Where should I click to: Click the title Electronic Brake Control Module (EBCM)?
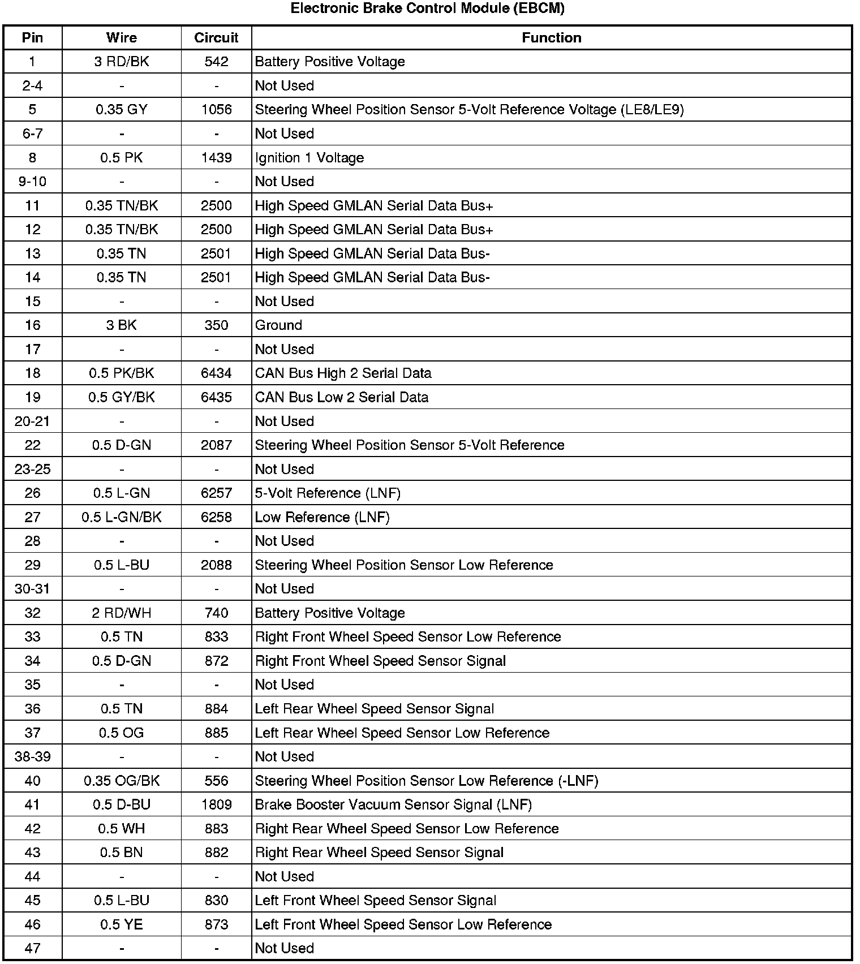(x=427, y=8)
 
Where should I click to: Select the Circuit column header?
(x=216, y=38)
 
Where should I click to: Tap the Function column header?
(x=551, y=38)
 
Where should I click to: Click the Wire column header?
(x=122, y=38)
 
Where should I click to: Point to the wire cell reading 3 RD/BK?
(x=122, y=62)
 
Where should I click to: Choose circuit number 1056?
(x=216, y=110)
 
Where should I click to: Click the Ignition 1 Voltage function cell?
(x=309, y=158)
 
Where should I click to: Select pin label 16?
(x=33, y=325)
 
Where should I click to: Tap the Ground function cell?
(x=278, y=325)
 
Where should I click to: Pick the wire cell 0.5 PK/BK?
(x=122, y=373)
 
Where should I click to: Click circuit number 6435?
(x=216, y=397)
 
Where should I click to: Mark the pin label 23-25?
(x=33, y=469)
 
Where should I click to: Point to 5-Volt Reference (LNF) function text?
(x=328, y=493)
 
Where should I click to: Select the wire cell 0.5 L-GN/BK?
(x=122, y=517)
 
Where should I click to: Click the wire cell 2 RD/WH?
(x=122, y=613)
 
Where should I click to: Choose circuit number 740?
(x=216, y=613)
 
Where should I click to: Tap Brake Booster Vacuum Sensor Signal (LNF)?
(x=393, y=805)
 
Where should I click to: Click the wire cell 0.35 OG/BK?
(x=122, y=781)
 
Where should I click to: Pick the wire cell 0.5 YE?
(x=122, y=925)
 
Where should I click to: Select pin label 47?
(x=33, y=949)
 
